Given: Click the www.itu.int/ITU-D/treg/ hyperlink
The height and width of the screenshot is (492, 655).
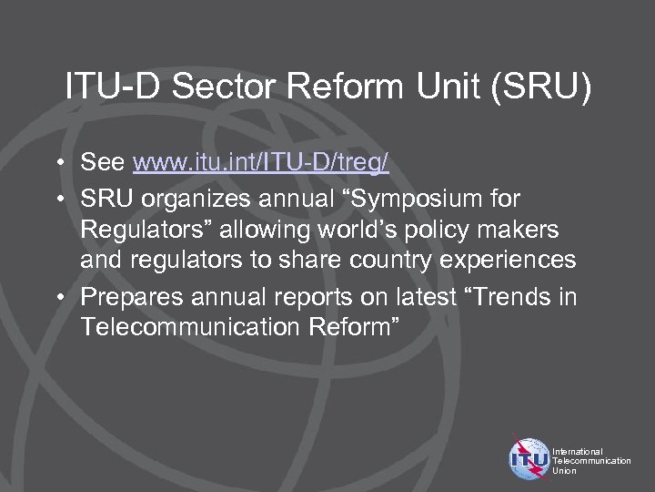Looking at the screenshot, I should coord(261,163).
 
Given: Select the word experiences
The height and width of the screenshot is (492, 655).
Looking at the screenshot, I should coord(509,261).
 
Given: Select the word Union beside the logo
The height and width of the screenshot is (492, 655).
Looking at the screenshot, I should coord(564,471).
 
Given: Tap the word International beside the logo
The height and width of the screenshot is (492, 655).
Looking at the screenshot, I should coord(577,451).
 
